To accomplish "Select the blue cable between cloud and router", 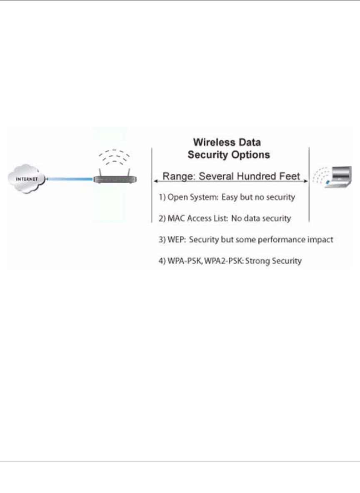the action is pyautogui.click(x=70, y=179).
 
